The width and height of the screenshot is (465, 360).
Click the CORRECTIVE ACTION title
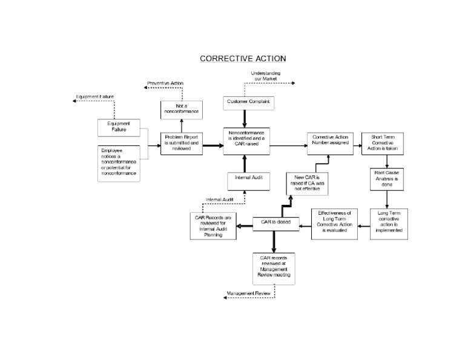pos(243,59)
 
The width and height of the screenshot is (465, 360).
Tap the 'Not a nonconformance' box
pos(182,109)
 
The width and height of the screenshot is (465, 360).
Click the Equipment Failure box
pos(119,127)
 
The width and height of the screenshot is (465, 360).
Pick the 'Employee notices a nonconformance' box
pos(119,162)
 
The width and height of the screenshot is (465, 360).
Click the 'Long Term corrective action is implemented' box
pos(389,224)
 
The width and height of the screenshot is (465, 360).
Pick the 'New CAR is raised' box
pos(306,183)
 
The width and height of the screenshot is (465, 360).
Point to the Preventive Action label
pos(165,82)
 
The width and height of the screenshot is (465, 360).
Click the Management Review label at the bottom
pos(249,293)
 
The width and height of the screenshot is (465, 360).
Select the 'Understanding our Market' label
pos(266,76)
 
